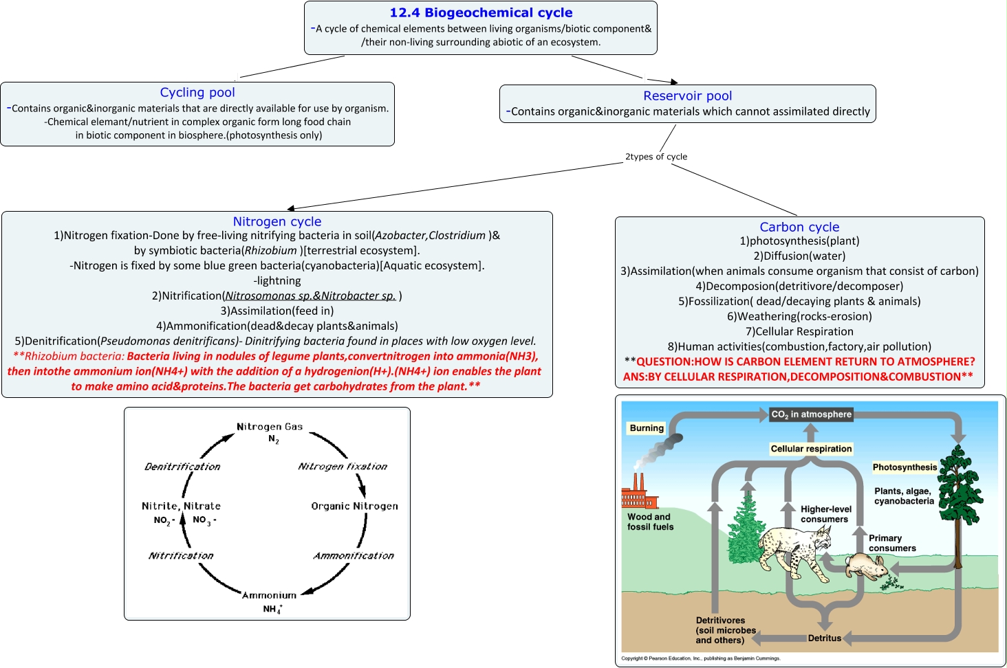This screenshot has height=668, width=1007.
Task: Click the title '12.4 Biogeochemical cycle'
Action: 481,12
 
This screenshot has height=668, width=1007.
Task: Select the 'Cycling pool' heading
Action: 197,92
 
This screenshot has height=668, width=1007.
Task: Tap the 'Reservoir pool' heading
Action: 687,96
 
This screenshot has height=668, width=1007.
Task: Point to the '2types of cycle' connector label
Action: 656,157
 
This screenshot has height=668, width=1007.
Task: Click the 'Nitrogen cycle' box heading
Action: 277,221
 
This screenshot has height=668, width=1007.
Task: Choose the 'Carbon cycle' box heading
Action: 799,227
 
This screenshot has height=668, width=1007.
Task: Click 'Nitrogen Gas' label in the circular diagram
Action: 270,427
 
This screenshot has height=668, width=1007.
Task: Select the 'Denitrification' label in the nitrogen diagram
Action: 182,467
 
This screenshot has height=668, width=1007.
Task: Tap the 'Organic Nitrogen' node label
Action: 354,506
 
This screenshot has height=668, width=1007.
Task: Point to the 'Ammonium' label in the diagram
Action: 269,595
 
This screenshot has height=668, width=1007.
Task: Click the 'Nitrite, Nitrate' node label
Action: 181,506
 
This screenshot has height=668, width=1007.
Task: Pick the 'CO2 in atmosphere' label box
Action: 811,414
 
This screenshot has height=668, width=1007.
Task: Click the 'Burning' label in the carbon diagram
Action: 647,427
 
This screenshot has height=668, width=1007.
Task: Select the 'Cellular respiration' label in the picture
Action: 811,449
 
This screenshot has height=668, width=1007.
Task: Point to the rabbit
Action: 866,566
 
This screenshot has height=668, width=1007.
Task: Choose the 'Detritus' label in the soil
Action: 824,638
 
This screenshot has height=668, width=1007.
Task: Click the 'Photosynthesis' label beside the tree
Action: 905,467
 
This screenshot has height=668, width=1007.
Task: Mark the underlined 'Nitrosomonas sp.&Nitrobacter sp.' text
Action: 310,296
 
